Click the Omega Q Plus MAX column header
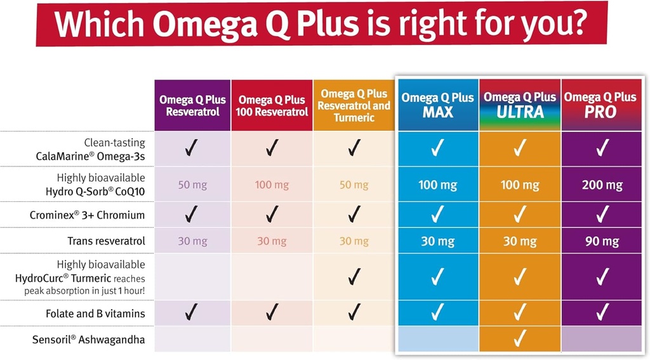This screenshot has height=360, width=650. coord(437,105)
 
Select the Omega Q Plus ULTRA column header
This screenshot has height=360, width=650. coord(520,105)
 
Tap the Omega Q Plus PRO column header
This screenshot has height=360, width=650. coord(600,105)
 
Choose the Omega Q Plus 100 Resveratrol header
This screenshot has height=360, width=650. coord(272,105)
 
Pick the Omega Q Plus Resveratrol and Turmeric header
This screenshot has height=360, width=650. coord(354,105)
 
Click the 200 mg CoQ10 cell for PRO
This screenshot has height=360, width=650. coord(602,185)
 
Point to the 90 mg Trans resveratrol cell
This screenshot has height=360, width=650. coord(602,241)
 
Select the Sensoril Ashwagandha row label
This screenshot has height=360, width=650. coord(88,340)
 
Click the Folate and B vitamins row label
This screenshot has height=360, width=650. coord(95,314)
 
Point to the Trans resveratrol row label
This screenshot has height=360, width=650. coord(106,241)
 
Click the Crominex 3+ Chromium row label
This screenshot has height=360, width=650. coord(87,215)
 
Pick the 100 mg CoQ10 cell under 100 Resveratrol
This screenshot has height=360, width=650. coord(272,185)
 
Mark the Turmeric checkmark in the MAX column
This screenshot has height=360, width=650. coord(437,277)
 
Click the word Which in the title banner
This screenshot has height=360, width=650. coord(99,23)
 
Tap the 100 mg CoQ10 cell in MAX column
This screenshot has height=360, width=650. coord(437,185)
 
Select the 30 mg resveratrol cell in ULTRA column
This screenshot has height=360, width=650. coord(520,241)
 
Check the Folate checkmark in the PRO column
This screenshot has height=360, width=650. coord(602,312)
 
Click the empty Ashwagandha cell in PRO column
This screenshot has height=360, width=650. coord(602,340)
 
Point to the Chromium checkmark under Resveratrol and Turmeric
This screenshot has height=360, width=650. coord(354,215)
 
